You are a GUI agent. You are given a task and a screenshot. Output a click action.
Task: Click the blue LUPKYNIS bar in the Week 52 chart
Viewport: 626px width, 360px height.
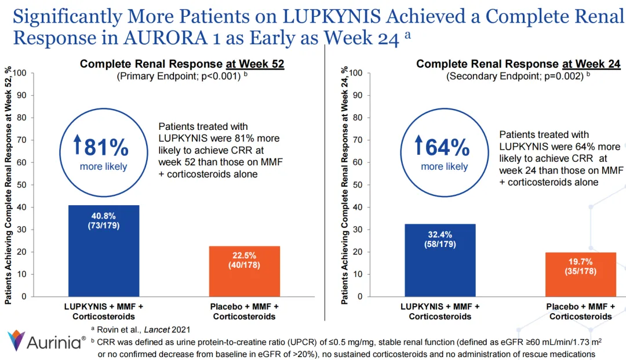pyautogui.click(x=104, y=255)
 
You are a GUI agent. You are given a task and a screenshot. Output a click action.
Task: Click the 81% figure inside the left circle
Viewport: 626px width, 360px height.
pyautogui.click(x=107, y=148)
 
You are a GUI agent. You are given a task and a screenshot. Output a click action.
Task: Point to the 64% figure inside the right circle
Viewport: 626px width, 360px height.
pyautogui.click(x=447, y=148)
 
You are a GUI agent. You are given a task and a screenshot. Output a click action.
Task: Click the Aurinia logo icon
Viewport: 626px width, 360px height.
pyautogui.click(x=17, y=341)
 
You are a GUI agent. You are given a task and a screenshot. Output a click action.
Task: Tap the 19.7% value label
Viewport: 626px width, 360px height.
pyautogui.click(x=581, y=261)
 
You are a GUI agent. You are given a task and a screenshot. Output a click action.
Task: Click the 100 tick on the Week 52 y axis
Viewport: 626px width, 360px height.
pyautogui.click(x=21, y=73)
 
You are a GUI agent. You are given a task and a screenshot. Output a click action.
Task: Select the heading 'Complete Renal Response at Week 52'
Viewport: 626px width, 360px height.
pyautogui.click(x=182, y=64)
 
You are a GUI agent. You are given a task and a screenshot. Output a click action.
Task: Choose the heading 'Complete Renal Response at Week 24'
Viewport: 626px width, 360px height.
pyautogui.click(x=518, y=64)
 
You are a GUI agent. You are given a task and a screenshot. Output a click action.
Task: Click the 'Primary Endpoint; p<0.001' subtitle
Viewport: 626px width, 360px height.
pyautogui.click(x=179, y=76)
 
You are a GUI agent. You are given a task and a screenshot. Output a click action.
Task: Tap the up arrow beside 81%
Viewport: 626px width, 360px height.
pyautogui.click(x=77, y=147)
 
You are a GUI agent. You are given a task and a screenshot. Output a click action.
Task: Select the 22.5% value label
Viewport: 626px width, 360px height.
pyautogui.click(x=245, y=256)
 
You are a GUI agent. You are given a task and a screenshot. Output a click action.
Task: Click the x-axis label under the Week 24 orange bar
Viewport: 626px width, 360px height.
pyautogui.click(x=581, y=311)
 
